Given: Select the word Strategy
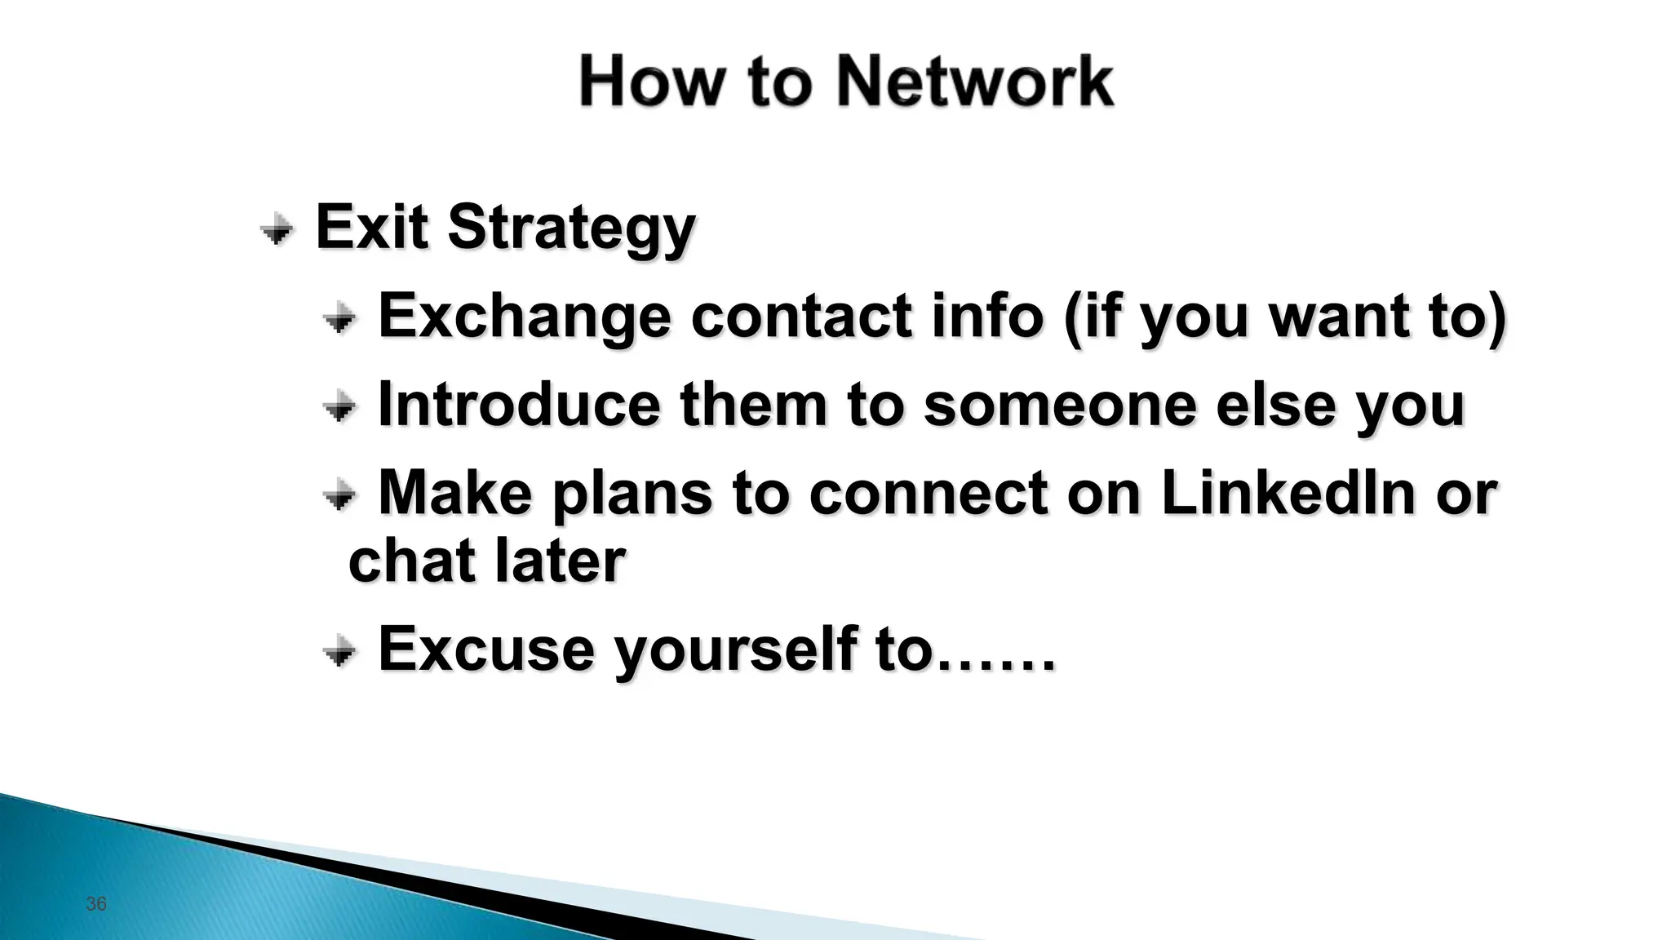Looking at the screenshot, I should tap(571, 228).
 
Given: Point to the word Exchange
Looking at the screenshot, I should tap(525, 317).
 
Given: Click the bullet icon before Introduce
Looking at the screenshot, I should tap(339, 406).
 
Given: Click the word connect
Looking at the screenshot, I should tap(928, 494).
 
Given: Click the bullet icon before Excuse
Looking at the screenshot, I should tap(339, 651).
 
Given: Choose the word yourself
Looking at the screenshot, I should tap(734, 650).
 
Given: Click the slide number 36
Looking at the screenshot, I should tap(96, 903).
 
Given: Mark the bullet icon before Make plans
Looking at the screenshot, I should tap(339, 494).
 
